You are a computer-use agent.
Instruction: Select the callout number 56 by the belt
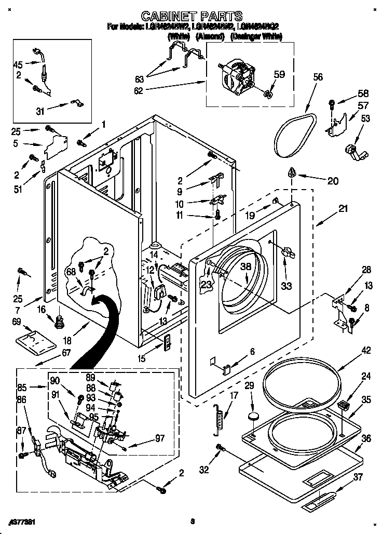click(318, 77)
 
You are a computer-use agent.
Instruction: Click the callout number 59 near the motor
click(279, 74)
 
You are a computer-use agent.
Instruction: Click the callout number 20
click(332, 181)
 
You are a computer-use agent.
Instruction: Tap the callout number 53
click(365, 119)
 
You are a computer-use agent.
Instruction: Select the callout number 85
click(21, 386)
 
